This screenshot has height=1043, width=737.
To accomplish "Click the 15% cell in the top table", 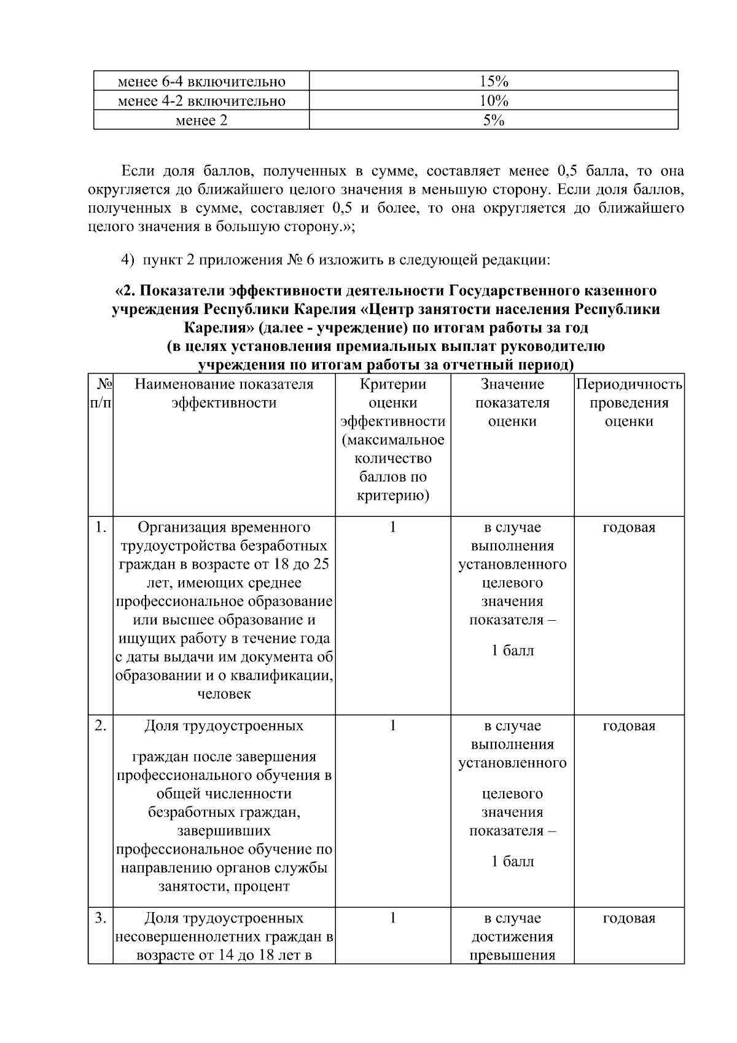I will click(x=493, y=81).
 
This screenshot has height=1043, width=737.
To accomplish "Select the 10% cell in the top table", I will click(x=493, y=101).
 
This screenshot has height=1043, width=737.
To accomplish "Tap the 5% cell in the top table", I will click(x=493, y=120).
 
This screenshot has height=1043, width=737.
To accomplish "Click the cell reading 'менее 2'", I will click(x=201, y=120).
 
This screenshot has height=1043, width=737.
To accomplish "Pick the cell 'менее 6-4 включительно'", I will click(x=201, y=81).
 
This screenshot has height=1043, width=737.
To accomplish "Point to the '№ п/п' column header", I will click(x=101, y=393).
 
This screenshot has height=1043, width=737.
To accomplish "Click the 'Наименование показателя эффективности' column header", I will click(x=224, y=393).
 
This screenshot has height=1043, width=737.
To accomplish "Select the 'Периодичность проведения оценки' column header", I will click(x=629, y=403).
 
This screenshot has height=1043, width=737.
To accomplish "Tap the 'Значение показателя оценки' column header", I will click(x=512, y=403).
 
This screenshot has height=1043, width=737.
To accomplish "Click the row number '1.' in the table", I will click(x=101, y=527).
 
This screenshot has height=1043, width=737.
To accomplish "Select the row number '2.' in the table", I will click(x=101, y=726).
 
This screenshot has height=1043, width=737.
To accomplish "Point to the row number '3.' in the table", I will click(x=101, y=918).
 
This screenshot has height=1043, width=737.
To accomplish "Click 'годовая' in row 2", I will click(x=629, y=726).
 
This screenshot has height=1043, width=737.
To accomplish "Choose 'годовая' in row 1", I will click(x=629, y=527).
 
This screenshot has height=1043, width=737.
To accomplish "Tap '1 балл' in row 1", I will click(x=512, y=651).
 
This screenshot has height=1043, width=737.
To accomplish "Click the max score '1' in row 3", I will click(x=392, y=918).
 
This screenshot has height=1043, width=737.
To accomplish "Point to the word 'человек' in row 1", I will click(x=224, y=695).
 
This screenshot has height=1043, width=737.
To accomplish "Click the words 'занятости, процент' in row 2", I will click(x=224, y=887).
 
